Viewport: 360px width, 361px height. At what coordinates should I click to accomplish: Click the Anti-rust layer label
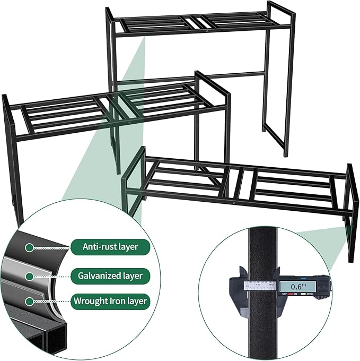point(110,247)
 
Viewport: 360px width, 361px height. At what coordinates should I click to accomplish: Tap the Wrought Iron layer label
point(110,302)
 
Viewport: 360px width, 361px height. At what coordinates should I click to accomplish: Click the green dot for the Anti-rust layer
point(30,247)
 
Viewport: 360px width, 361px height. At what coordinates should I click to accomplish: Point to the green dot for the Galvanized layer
point(30,277)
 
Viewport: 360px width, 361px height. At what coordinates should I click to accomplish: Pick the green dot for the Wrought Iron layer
point(30,302)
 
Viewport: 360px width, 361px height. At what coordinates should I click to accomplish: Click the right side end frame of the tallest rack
point(279,80)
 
